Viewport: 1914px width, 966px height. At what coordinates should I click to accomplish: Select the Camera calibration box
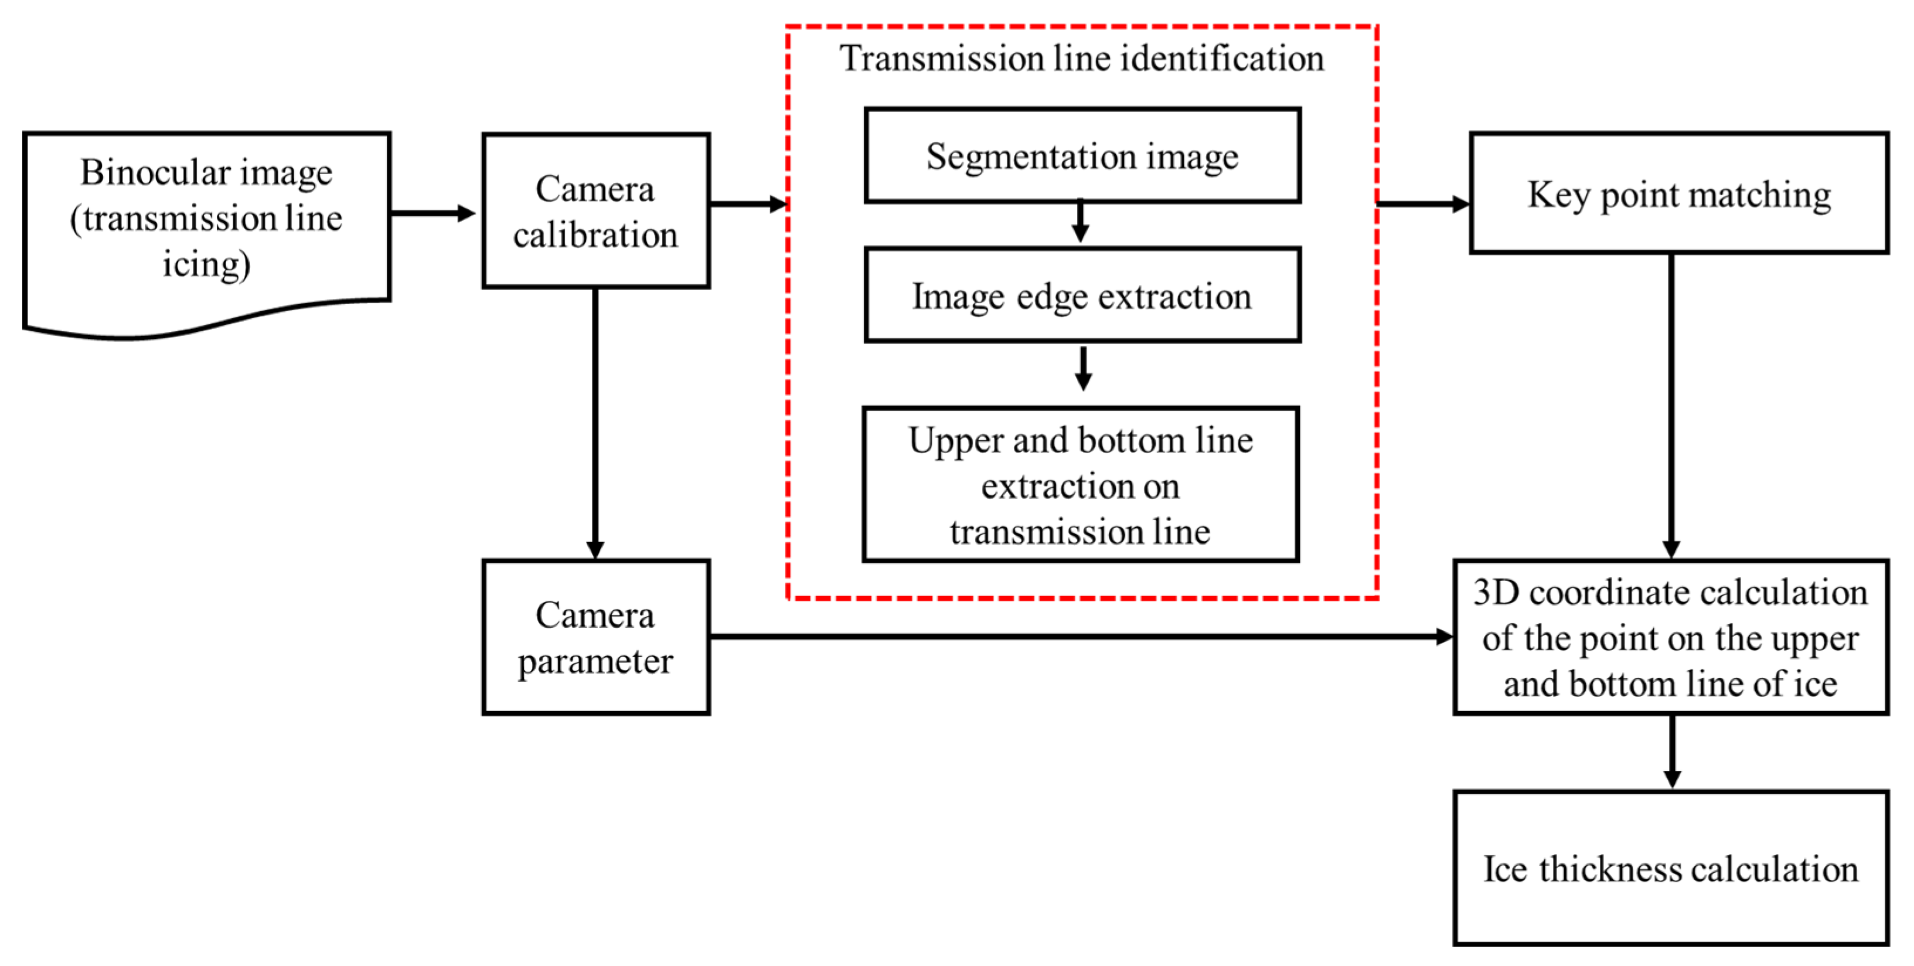(596, 211)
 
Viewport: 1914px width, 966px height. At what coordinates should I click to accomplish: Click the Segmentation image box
(1082, 156)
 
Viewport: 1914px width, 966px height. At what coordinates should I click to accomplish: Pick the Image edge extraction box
(1082, 296)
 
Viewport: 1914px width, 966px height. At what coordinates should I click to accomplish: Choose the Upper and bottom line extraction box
(1080, 485)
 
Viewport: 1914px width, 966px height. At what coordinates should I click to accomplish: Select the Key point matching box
(1678, 194)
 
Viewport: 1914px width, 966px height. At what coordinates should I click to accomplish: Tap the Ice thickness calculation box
(1670, 868)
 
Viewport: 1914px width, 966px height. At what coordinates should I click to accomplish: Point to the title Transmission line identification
(1082, 58)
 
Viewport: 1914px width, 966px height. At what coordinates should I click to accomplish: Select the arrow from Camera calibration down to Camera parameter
(595, 424)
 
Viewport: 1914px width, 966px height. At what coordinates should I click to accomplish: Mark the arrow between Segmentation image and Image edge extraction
(1081, 222)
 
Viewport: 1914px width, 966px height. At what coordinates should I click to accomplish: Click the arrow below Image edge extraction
(1084, 369)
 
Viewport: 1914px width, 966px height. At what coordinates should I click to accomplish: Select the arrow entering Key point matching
(1423, 203)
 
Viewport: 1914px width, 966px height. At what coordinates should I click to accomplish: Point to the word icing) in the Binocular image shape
(206, 264)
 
